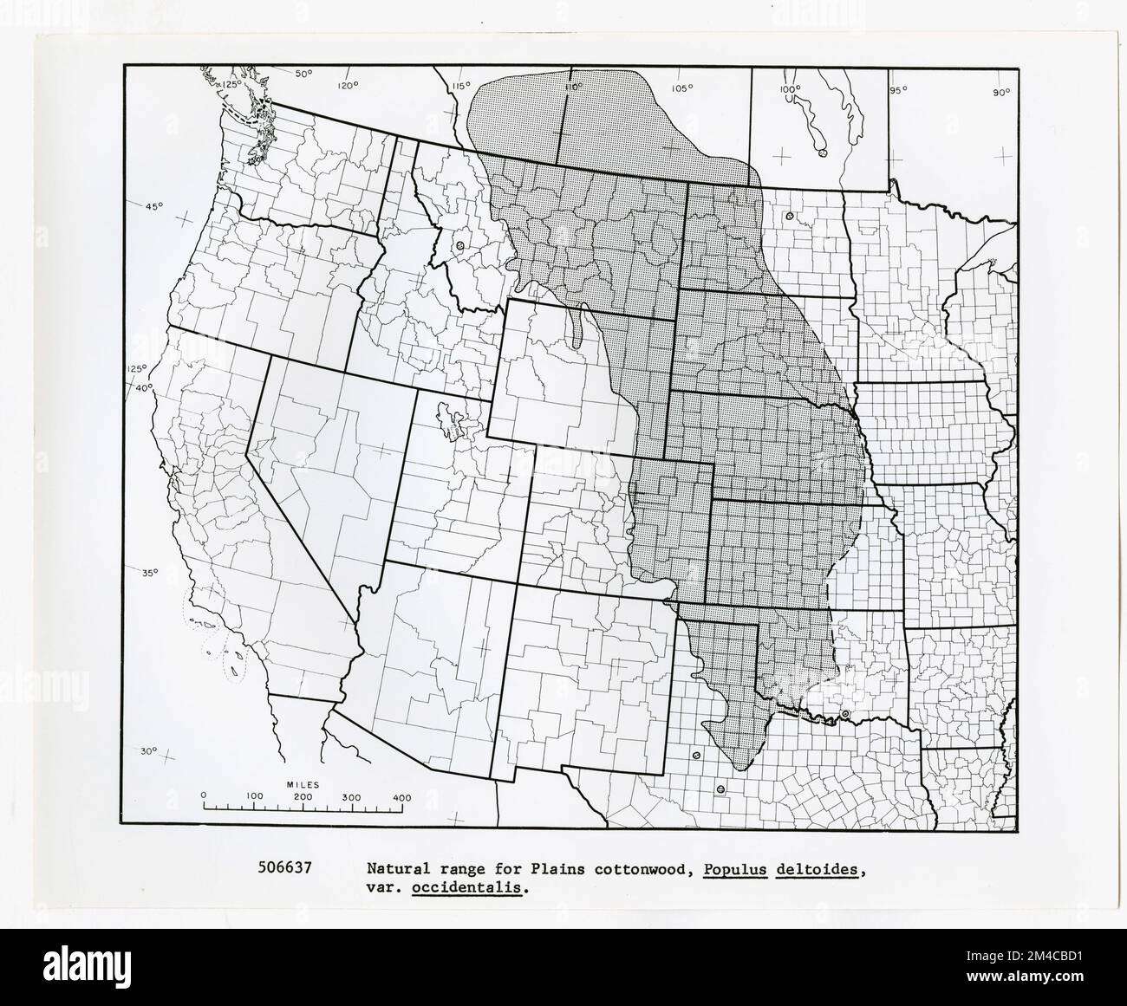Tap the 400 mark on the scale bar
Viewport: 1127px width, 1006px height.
pyautogui.click(x=401, y=795)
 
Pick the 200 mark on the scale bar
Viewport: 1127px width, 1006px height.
pyautogui.click(x=303, y=795)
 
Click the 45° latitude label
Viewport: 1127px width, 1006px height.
pyautogui.click(x=153, y=206)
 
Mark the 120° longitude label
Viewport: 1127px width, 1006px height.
pyautogui.click(x=348, y=85)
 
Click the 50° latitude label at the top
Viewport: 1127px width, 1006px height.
pyautogui.click(x=303, y=74)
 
